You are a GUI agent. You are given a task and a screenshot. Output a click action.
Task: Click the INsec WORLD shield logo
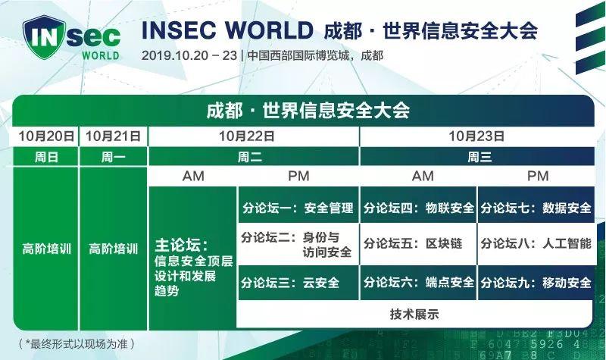(x=71, y=39)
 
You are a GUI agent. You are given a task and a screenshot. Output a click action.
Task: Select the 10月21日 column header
(x=114, y=136)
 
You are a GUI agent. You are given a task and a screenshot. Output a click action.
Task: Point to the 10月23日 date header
(x=476, y=136)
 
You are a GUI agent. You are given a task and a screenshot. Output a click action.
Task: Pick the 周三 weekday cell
(x=476, y=157)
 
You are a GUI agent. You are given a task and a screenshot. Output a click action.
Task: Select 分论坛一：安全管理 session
(x=298, y=207)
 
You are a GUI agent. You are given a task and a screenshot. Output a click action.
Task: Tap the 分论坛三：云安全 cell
(x=298, y=283)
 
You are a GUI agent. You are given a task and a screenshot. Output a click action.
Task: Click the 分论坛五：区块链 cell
(x=418, y=244)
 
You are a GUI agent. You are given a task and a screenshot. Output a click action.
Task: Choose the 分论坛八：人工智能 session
(x=536, y=244)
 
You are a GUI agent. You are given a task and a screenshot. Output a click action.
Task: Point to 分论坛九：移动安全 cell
(x=536, y=283)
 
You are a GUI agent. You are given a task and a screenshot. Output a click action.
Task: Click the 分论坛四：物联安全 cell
(x=418, y=207)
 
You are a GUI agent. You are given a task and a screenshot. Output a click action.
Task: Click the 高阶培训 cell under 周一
(x=114, y=248)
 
